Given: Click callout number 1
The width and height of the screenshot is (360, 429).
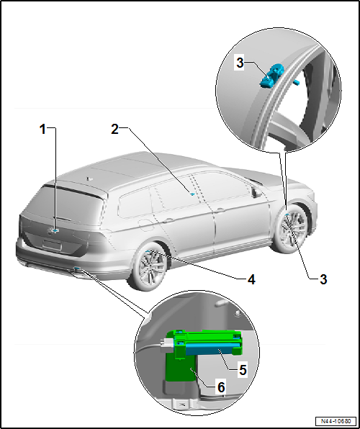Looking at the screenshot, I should (43, 129).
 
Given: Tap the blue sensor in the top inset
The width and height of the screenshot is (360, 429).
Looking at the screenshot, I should (273, 74).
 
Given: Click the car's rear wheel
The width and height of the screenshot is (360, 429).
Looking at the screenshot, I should (148, 267).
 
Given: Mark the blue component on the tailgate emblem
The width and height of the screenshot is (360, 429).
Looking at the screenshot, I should (54, 230).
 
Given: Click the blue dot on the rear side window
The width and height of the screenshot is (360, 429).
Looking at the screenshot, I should (192, 194).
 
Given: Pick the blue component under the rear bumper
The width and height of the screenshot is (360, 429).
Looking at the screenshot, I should (76, 271).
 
